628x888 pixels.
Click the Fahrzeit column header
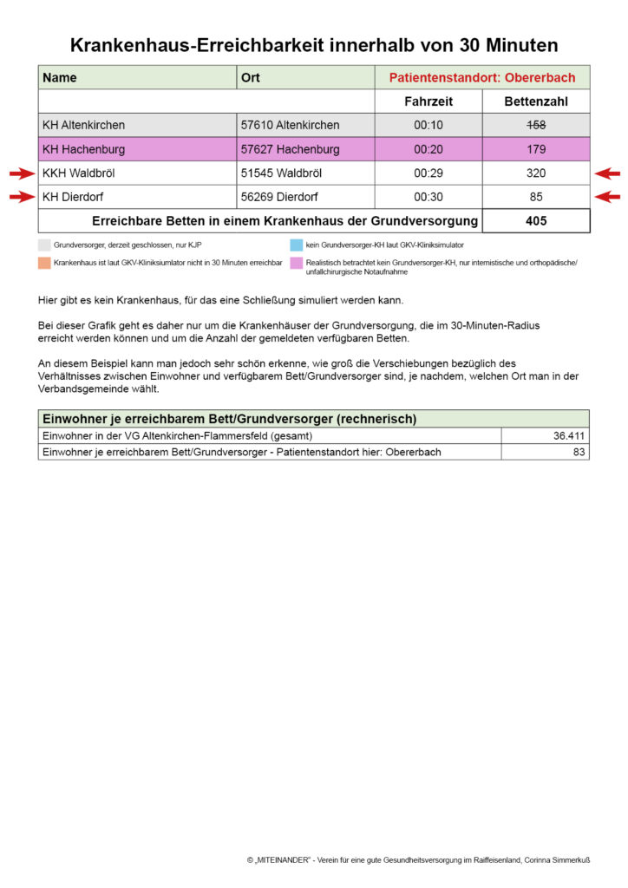[x=428, y=101]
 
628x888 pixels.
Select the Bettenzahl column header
[x=536, y=101]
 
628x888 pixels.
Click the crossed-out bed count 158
[x=536, y=125]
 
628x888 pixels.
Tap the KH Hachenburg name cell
[x=83, y=149]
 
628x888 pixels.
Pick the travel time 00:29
[x=428, y=173]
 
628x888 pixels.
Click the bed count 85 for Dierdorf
[x=536, y=197]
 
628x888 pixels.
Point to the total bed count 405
[x=536, y=221]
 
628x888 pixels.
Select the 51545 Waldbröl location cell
[x=281, y=173]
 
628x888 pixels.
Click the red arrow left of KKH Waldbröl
[x=22, y=173]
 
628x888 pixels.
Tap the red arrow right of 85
[x=607, y=197]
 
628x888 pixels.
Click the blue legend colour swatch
[x=297, y=245]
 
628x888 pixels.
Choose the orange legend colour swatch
[x=44, y=261]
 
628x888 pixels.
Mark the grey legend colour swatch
[x=44, y=245]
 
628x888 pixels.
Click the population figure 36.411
[x=569, y=435]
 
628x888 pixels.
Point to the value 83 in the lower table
[x=579, y=452]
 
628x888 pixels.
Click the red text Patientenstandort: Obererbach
[x=481, y=78]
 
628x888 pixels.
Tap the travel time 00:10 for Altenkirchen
[x=428, y=125]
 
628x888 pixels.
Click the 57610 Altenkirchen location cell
[x=290, y=125]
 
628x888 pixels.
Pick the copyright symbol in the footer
[x=250, y=860]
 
